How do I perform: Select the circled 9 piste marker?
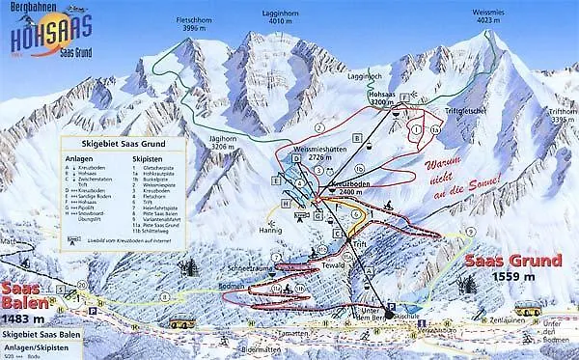(x=470, y=233)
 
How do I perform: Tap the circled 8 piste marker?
(x=165, y=296)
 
